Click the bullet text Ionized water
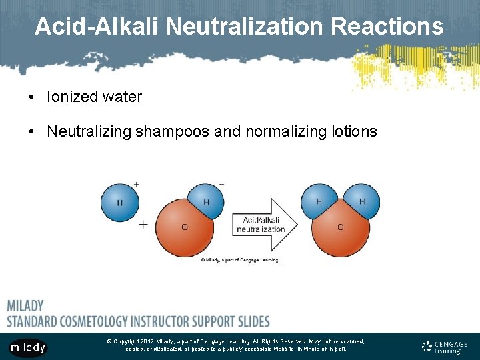click(x=94, y=97)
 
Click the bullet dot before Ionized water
click(x=32, y=97)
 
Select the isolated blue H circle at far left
click(x=119, y=202)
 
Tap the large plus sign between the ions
click(x=143, y=225)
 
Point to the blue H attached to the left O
click(x=206, y=201)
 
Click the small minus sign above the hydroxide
click(x=221, y=183)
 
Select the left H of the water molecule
click(x=319, y=200)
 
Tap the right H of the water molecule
click(x=362, y=200)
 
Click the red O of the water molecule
click(x=341, y=230)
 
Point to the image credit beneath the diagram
click(x=239, y=260)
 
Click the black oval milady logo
click(x=28, y=347)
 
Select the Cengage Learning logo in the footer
click(x=445, y=347)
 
